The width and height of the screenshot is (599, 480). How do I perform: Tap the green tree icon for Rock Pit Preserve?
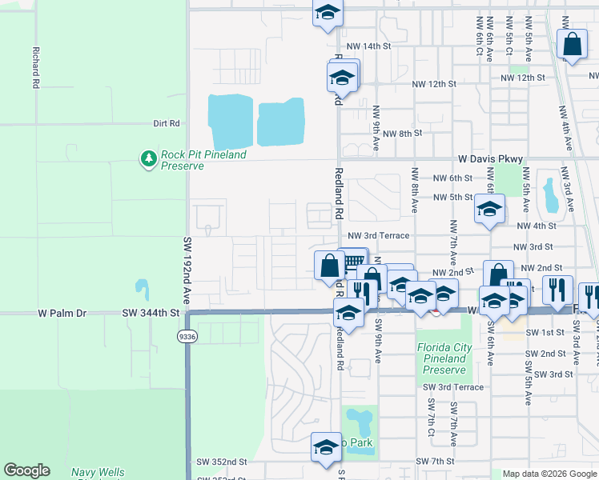tap(148, 159)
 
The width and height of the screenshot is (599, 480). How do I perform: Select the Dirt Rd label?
tap(167, 124)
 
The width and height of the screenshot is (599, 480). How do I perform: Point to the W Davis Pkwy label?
tap(490, 159)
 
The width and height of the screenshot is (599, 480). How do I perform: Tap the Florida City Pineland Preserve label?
tap(441, 358)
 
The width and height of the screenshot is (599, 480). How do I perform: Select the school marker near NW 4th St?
tap(488, 210)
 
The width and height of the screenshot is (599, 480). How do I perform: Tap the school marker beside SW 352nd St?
tap(326, 448)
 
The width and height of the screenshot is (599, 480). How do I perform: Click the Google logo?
tap(26, 470)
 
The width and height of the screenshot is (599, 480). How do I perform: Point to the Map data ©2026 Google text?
tap(549, 474)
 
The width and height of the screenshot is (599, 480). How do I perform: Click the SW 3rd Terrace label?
tap(453, 387)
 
